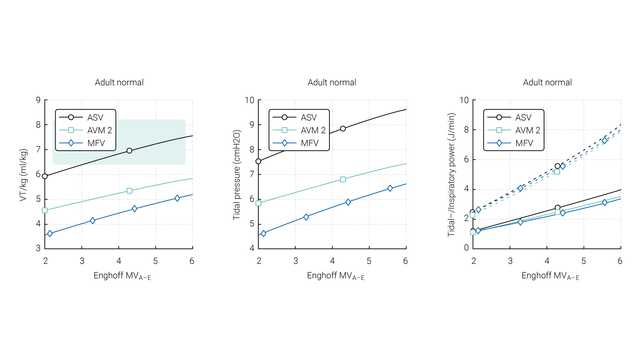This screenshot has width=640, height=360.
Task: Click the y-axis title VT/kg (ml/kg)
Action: (x=22, y=173)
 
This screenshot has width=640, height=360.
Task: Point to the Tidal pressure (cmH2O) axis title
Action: (x=236, y=173)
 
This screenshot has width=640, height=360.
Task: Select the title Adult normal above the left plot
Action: (x=118, y=82)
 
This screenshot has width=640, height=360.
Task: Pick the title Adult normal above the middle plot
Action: (x=332, y=82)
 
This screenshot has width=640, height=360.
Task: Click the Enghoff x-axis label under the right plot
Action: (x=545, y=274)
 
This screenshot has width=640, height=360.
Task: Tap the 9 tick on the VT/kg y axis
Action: (x=38, y=100)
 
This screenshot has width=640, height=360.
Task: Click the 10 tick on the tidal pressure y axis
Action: (x=249, y=100)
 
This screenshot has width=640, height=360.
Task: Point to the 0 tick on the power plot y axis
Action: (x=465, y=247)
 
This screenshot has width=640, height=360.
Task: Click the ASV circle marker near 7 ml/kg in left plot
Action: (x=129, y=150)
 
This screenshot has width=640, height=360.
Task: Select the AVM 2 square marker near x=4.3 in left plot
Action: (x=129, y=190)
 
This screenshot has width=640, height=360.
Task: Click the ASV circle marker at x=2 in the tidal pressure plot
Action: (x=259, y=161)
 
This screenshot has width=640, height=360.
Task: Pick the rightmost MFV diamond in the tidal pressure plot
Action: (x=390, y=188)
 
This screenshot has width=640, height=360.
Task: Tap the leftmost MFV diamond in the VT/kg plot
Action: (x=50, y=233)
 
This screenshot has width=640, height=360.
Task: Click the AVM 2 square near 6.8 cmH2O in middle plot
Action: (x=343, y=179)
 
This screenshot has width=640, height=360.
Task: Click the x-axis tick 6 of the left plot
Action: (x=191, y=258)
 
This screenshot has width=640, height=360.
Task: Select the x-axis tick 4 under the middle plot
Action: (x=332, y=258)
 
